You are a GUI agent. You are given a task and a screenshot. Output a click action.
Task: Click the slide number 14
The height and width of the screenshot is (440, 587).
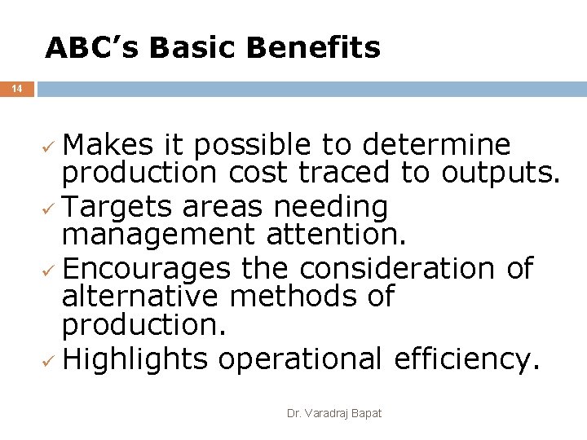click(x=17, y=88)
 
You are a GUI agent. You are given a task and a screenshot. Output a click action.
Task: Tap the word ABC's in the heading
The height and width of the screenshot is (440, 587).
click(x=93, y=48)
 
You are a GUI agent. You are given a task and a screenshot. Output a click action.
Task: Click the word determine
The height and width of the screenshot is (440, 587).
click(x=436, y=146)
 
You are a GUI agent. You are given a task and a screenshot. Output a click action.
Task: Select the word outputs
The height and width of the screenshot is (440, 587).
click(x=501, y=174)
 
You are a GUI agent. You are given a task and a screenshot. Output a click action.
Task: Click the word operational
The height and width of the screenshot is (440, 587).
click(x=300, y=359)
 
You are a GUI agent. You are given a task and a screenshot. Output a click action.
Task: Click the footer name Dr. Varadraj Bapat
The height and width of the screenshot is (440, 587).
click(x=334, y=414)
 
